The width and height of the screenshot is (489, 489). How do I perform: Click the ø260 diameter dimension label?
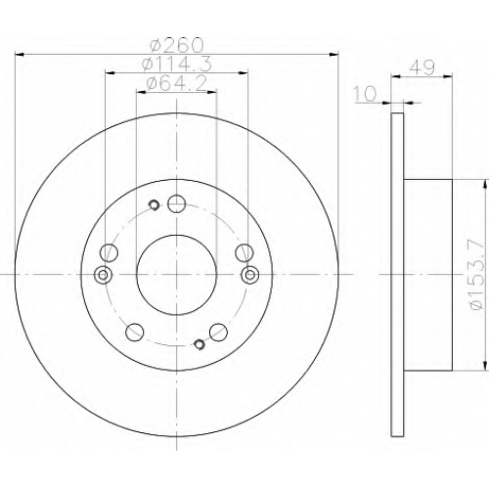click(177, 45)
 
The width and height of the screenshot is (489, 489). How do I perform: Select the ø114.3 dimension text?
click(177, 64)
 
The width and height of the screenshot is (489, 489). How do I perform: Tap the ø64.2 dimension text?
click(177, 83)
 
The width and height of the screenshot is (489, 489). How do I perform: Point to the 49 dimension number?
click(422, 67)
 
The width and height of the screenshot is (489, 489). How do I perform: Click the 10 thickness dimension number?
click(365, 94)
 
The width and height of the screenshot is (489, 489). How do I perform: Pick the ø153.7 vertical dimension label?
click(477, 275)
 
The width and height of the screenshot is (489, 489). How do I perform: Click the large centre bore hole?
click(176, 275)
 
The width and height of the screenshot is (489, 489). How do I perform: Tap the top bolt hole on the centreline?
click(176, 203)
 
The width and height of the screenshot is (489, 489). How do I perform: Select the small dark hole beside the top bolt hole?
click(154, 205)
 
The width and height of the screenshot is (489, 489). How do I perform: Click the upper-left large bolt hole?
click(109, 252)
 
